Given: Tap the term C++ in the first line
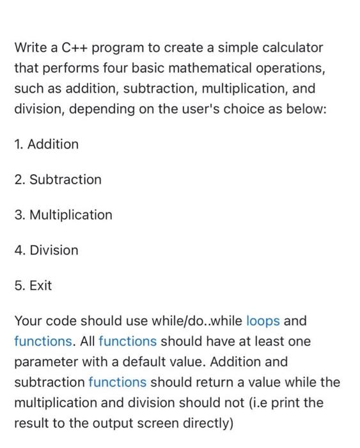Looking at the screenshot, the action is pos(71,47).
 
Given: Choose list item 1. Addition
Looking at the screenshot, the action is pos(46,144).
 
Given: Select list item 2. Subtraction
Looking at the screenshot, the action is pos(58,179).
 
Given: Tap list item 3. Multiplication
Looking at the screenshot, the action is pos(63,214).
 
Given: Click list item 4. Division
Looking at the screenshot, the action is pos(46,250).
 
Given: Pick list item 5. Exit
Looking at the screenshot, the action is pos(33,285).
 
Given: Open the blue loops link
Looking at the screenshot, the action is pos(263,320).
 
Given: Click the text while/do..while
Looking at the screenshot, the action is pos(195,320).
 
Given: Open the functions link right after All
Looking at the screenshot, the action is pos(127,341).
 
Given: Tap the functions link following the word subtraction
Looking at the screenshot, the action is pos(118,382).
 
